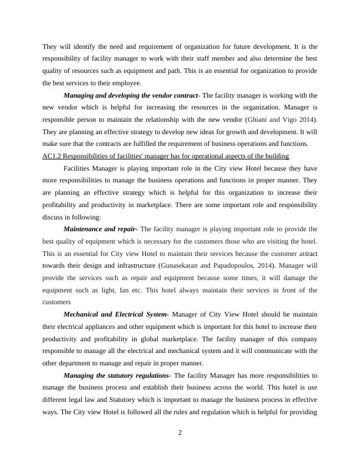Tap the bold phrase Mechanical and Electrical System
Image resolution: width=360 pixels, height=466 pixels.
click(x=116, y=314)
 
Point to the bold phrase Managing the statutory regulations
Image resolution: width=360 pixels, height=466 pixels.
click(x=117, y=375)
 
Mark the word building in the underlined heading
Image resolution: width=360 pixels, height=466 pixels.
click(x=275, y=156)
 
